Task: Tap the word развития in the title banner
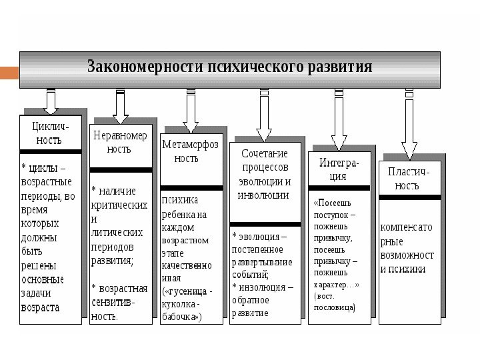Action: click(337, 68)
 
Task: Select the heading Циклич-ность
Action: click(50, 133)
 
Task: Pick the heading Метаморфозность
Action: click(190, 151)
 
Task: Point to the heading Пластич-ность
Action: click(409, 178)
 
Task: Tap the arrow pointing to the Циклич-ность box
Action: click(51, 103)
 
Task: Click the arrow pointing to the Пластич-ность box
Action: click(409, 127)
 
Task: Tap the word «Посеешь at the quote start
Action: click(331, 202)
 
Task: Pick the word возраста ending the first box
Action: click(41, 307)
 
